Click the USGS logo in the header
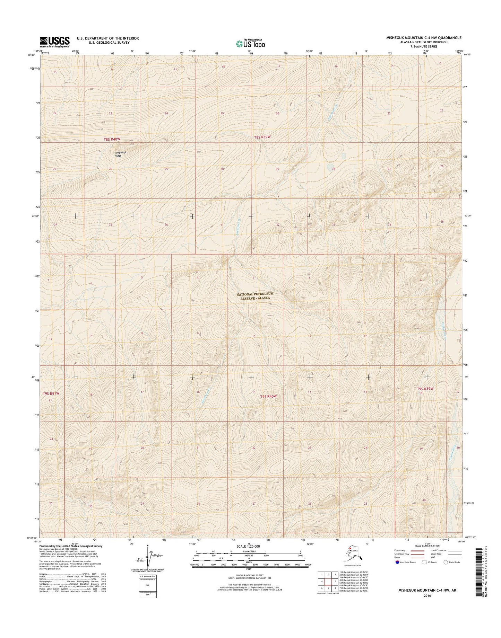[x=55, y=42]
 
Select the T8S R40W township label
[x=112, y=139]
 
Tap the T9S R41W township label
[x=52, y=393]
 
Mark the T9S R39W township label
[x=425, y=389]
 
